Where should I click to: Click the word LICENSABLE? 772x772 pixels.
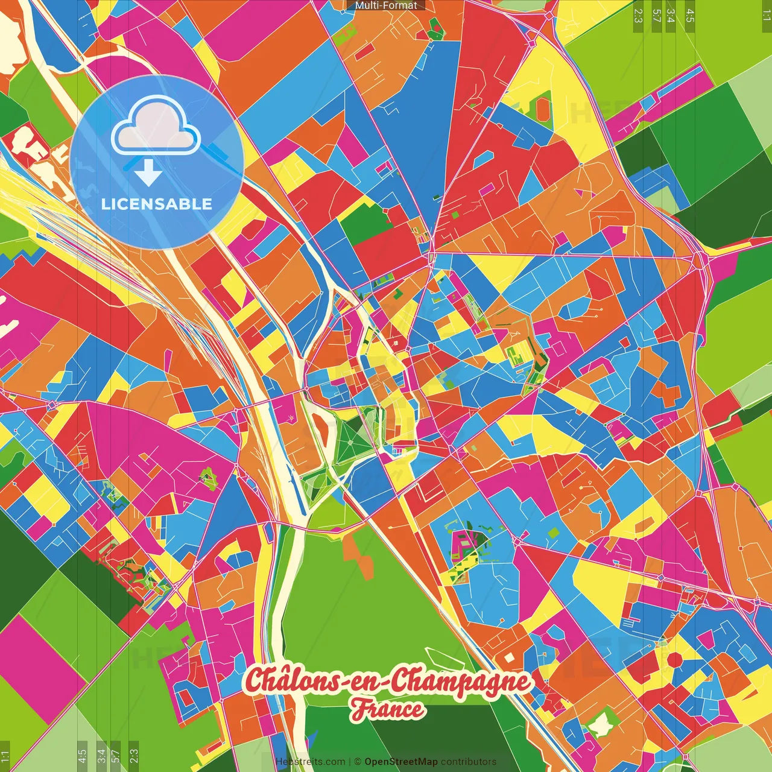[157, 204]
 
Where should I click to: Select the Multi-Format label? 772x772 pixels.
[386, 5]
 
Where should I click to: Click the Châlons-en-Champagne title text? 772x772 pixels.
[388, 682]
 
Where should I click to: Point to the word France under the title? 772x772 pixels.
[388, 709]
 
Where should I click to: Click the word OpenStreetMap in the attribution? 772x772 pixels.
[400, 762]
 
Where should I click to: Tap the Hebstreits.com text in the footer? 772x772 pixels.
[310, 762]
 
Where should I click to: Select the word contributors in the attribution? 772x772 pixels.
[469, 762]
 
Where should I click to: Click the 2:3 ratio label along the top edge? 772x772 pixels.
[638, 16]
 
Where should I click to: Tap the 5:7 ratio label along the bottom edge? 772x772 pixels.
[116, 755]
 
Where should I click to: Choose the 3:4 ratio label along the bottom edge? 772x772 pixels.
[101, 755]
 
